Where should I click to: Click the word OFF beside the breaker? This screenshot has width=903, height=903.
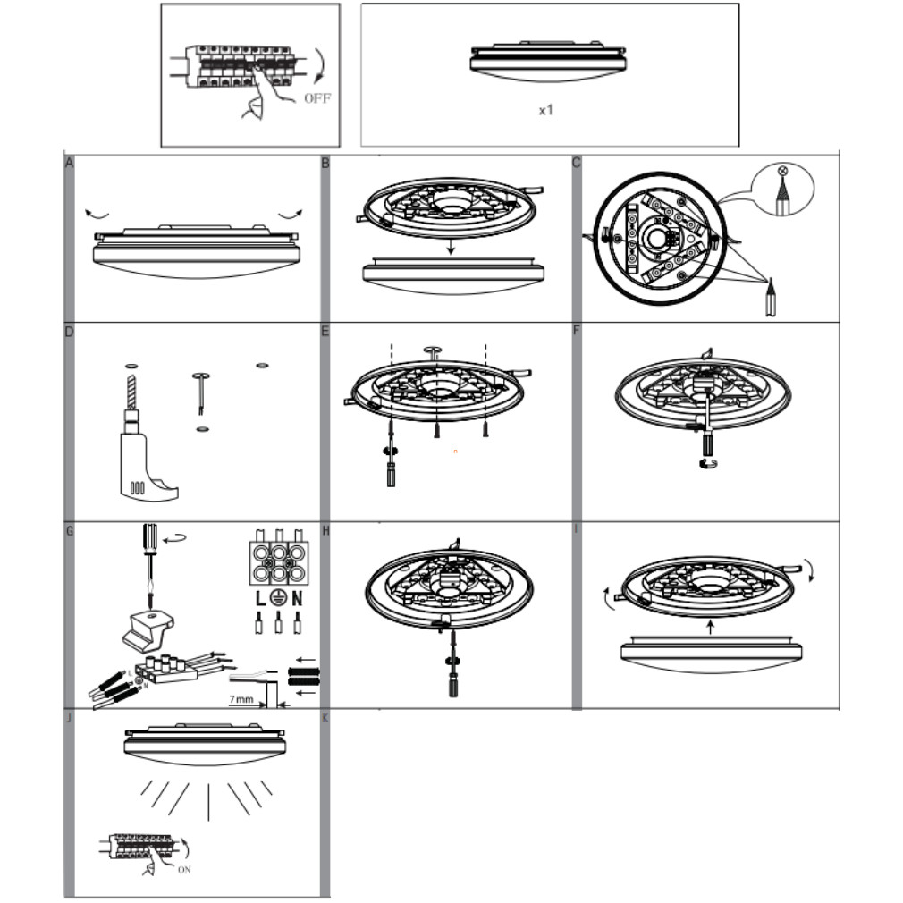(x=317, y=98)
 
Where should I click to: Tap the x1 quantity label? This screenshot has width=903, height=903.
(x=546, y=110)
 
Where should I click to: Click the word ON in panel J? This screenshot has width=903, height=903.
(x=184, y=870)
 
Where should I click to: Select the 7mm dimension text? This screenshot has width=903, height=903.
(x=241, y=699)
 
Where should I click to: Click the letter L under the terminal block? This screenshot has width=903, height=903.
(x=261, y=599)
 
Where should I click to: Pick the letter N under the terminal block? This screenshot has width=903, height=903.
(x=297, y=599)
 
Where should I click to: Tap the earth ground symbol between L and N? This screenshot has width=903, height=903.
(x=278, y=598)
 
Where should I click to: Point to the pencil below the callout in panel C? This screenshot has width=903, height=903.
(x=770, y=297)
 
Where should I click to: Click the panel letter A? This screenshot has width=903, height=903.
(x=69, y=163)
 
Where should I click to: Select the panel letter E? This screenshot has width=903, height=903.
(x=325, y=331)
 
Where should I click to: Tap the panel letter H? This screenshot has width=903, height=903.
(x=325, y=531)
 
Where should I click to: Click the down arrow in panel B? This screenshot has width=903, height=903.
(x=451, y=246)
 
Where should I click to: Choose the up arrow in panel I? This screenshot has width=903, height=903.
(x=711, y=627)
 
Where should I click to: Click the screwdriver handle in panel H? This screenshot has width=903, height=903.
(x=453, y=687)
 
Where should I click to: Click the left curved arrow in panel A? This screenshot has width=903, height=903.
(x=97, y=215)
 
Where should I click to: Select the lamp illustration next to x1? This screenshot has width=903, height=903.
(x=547, y=62)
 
